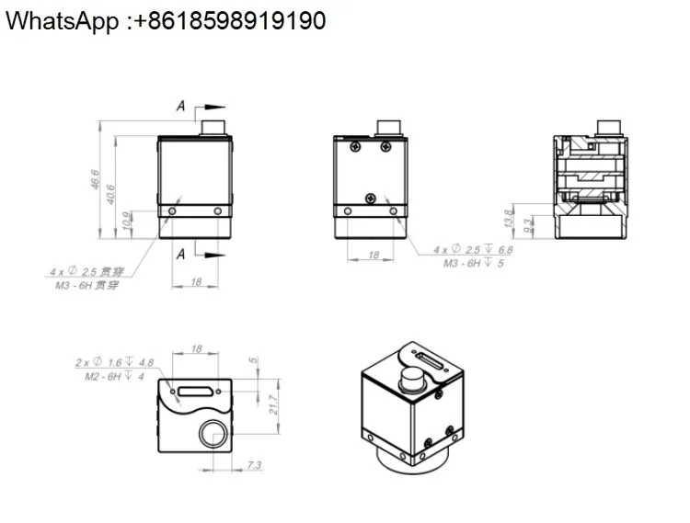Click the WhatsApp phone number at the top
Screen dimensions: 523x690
[x=165, y=21]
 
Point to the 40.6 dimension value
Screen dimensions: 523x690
[x=111, y=195]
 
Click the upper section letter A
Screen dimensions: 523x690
[x=181, y=108]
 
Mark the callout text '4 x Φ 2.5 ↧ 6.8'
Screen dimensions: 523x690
[x=473, y=249]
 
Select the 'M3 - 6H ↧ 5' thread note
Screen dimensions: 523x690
[x=475, y=263]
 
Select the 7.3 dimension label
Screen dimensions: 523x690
[x=255, y=467]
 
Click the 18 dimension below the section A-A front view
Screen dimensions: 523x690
[x=196, y=282]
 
